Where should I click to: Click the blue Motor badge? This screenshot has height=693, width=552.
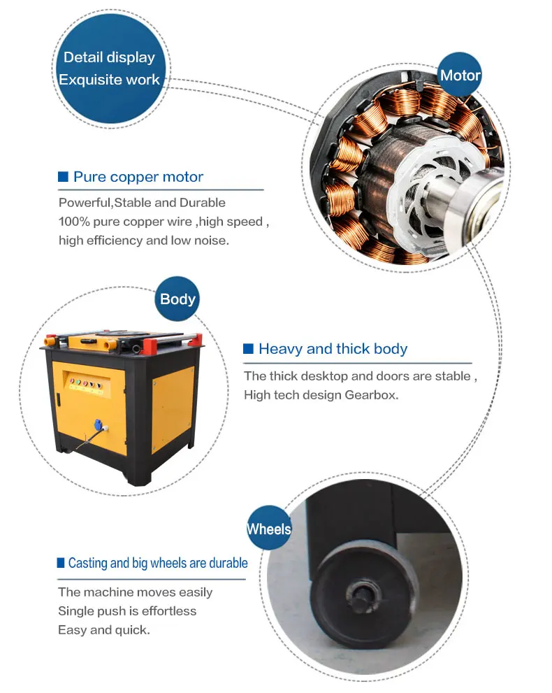click(460, 76)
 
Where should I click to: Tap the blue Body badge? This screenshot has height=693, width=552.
click(177, 299)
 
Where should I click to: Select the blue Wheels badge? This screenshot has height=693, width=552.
click(269, 529)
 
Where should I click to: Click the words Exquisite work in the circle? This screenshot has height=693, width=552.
click(109, 80)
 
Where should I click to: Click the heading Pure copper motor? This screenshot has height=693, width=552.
click(138, 177)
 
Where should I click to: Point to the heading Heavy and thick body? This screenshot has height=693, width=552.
click(333, 349)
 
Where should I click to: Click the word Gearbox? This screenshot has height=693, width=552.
click(371, 394)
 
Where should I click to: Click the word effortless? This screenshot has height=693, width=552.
click(168, 610)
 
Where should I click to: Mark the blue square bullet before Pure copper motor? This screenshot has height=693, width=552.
click(63, 177)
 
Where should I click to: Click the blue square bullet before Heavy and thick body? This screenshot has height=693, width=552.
click(248, 349)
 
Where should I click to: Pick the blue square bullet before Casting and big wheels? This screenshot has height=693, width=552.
click(61, 563)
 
